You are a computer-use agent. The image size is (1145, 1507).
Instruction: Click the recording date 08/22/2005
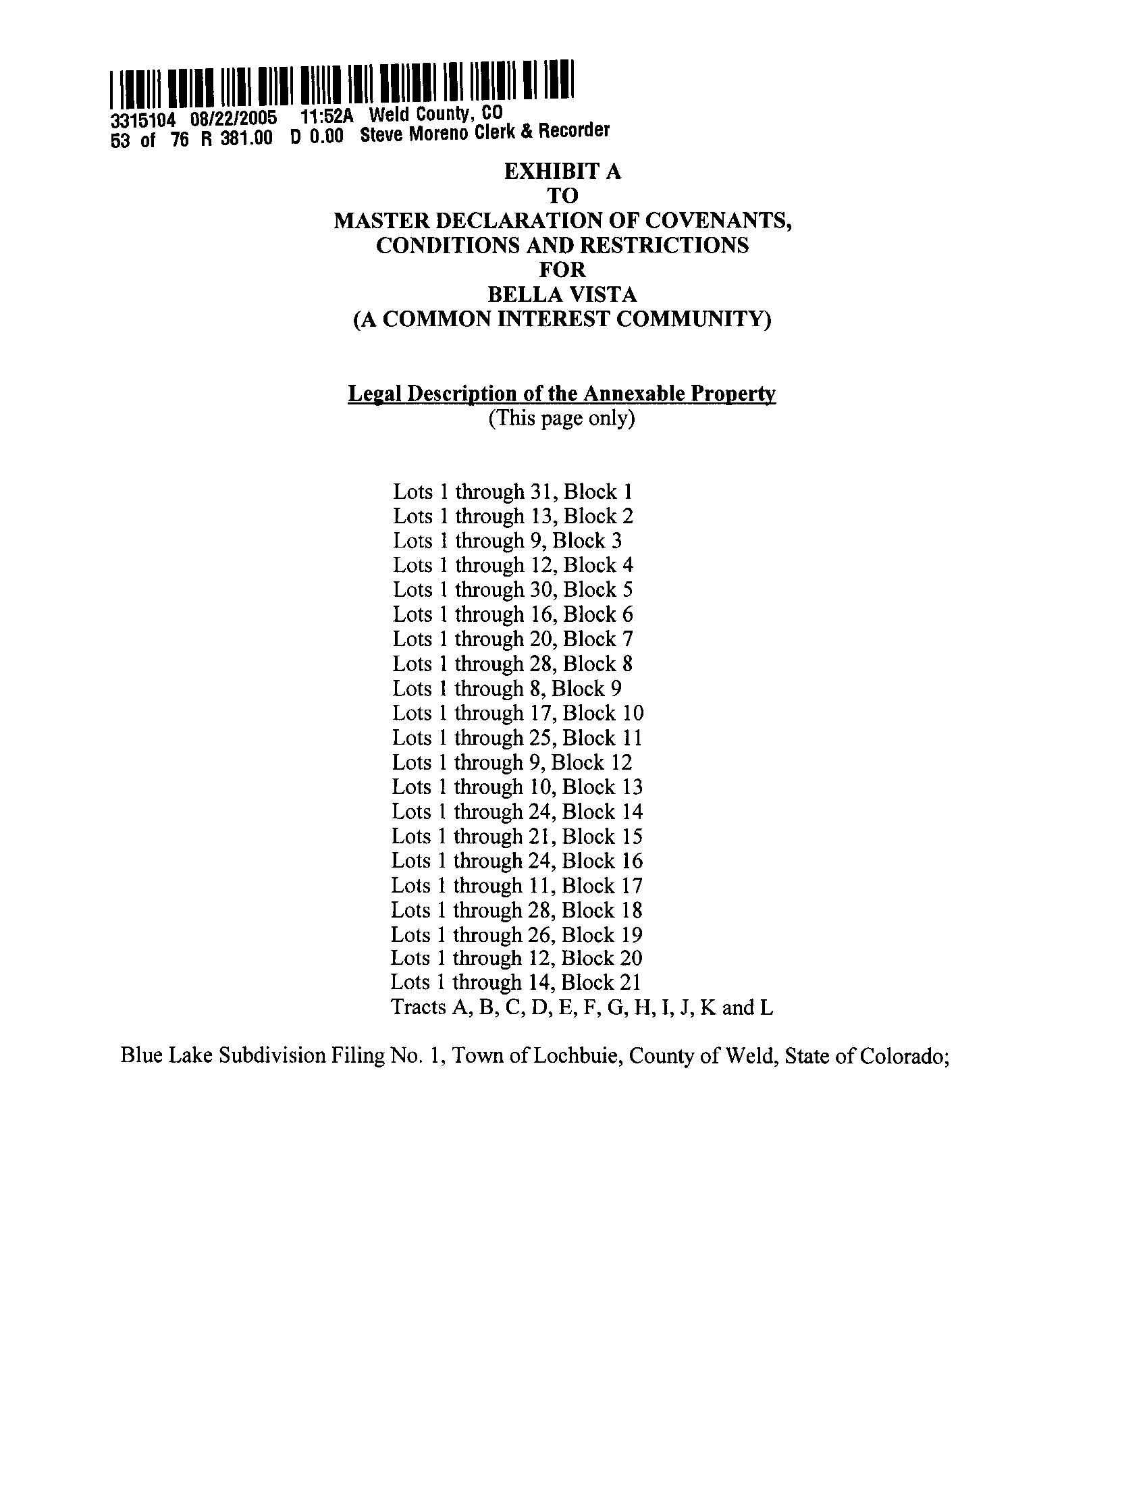234,119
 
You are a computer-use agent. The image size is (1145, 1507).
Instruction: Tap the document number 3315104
143,121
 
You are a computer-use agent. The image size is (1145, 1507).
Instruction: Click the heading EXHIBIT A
562,171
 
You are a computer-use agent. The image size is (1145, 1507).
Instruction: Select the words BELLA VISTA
562,294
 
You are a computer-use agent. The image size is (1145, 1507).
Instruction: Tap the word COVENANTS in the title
717,221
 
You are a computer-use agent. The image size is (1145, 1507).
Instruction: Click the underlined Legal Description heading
562,393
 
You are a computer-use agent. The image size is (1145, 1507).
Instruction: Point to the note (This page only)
562,417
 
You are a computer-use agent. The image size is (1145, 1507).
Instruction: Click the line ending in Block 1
512,492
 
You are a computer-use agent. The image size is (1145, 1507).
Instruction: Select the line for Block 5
512,589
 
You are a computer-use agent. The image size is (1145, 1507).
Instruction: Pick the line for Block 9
507,689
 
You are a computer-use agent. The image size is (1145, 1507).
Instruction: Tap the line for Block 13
517,787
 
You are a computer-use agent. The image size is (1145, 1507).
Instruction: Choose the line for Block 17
517,885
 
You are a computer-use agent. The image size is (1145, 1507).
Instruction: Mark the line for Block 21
516,982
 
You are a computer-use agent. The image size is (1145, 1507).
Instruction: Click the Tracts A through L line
582,1007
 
